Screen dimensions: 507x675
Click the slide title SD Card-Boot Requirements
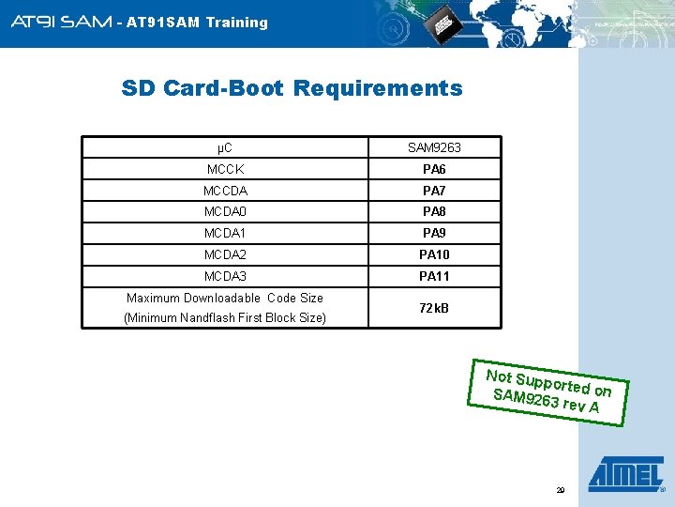292,88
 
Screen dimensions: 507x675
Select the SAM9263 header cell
434,147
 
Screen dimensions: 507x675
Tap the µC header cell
225,147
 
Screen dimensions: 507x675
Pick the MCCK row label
225,169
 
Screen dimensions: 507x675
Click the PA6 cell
434,169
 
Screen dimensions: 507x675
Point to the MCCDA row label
225,191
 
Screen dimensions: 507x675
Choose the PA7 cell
434,191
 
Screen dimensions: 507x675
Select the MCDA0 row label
225,212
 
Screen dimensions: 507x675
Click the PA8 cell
434,212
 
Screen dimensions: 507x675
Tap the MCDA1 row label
225,233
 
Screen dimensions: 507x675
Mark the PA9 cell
434,233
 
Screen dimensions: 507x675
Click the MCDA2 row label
225,254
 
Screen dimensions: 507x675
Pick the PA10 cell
434,254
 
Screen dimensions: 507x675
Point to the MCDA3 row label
225,276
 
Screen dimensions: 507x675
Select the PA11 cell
434,276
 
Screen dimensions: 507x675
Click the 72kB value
434,308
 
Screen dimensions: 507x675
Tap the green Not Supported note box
548,392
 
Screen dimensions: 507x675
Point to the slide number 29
561,490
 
